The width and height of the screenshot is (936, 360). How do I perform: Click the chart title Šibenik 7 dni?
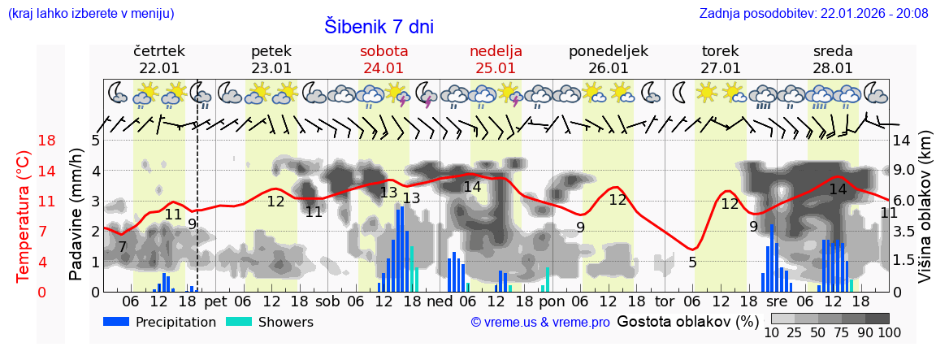[379, 26]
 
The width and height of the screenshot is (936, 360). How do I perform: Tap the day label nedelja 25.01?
[496, 59]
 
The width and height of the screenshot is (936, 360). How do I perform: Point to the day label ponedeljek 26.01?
[608, 59]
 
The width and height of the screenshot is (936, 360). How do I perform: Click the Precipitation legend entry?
[160, 322]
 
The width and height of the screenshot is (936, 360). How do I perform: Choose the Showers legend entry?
[270, 322]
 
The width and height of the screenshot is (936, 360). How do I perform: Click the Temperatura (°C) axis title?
[24, 215]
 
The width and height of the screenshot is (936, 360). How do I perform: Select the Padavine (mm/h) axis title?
[76, 215]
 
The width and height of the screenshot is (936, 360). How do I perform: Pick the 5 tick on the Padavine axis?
[95, 141]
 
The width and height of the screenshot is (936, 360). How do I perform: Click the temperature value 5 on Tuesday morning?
[692, 262]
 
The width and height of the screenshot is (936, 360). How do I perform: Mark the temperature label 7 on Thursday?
[122, 247]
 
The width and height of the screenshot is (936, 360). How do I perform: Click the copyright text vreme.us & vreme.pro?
[540, 323]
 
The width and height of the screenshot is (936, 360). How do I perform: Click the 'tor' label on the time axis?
[665, 302]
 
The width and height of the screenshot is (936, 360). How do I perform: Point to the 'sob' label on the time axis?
[327, 302]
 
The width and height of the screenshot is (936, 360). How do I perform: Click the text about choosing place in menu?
[90, 13]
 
